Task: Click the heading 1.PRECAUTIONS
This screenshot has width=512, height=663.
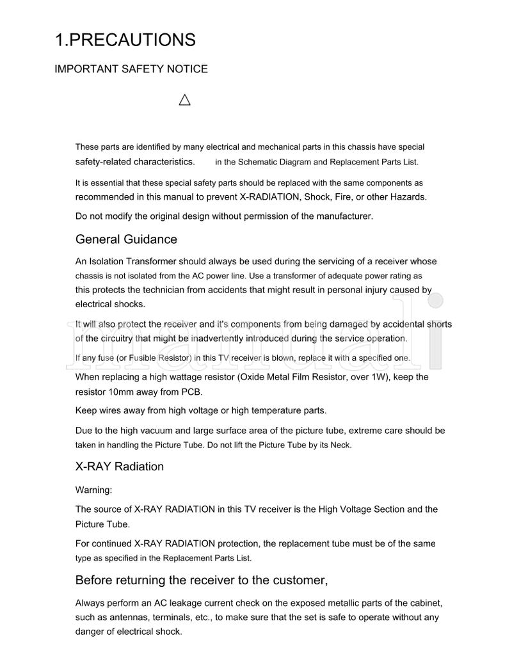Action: point(125,40)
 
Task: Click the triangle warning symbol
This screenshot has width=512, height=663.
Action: point(185,100)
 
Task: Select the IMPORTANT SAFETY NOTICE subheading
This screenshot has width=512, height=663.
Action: point(131,69)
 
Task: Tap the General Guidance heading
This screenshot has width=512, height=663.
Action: point(126,239)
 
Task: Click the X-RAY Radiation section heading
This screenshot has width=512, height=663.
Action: point(120,467)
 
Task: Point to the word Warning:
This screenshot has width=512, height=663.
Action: point(93,490)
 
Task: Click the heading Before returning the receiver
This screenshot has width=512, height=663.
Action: point(202,580)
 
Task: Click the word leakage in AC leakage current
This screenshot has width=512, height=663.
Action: point(193,603)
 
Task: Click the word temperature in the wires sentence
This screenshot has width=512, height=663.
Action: point(276,410)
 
